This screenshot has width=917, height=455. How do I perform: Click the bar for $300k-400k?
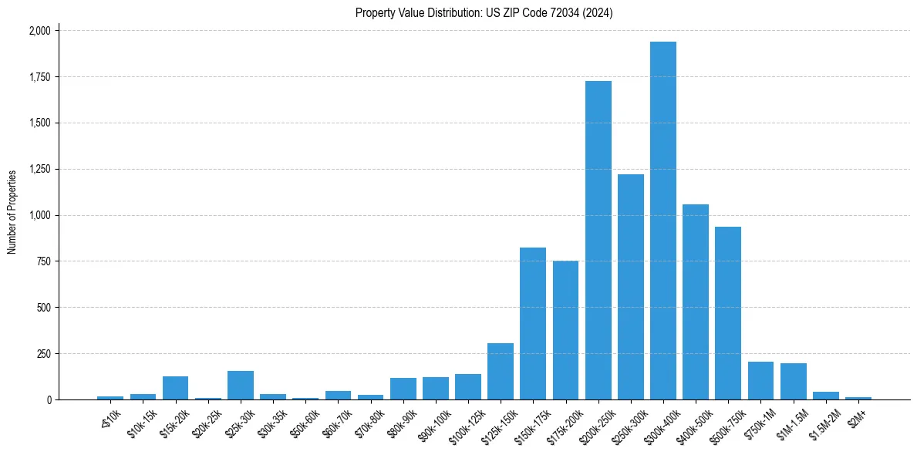tap(662, 221)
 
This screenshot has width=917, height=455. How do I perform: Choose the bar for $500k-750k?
tap(728, 313)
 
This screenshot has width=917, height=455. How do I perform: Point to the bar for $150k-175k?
tap(533, 324)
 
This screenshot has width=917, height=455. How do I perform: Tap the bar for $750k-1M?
tap(760, 381)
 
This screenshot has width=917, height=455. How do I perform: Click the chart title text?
tap(484, 13)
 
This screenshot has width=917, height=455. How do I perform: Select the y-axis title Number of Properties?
tap(12, 212)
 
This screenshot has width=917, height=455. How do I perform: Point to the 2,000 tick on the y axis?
tap(39, 31)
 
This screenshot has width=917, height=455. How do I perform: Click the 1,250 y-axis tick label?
tap(39, 169)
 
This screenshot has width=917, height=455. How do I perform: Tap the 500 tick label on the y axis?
tap(43, 308)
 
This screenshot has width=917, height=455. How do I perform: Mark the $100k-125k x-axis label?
tap(464, 425)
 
